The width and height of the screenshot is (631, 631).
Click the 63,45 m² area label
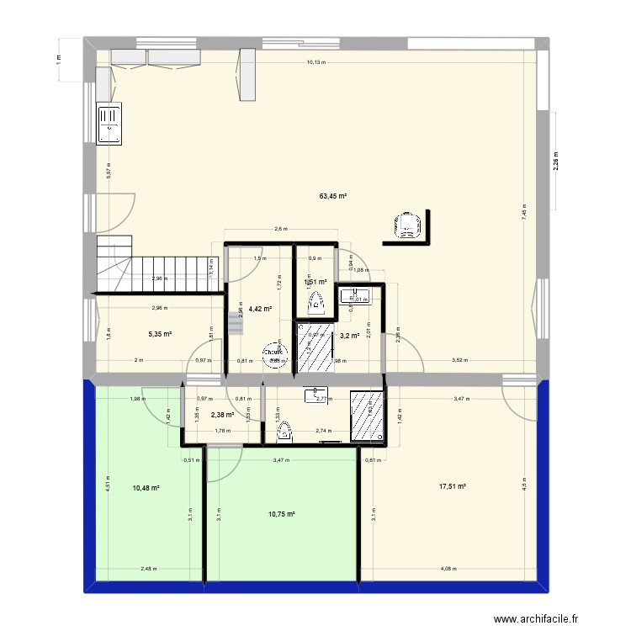333,196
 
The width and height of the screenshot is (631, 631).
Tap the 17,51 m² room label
452,486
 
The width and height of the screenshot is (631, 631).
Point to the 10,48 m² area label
146,487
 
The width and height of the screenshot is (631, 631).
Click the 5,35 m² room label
160,333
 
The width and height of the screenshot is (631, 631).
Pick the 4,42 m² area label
260,309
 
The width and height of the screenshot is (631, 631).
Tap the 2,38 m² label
222,414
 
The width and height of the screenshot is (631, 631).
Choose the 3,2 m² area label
349,336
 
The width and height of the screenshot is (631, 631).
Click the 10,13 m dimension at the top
316,61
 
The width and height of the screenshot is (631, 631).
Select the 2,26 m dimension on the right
555,161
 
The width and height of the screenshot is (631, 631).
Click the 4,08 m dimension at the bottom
448,569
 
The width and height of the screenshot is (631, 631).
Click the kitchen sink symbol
109,125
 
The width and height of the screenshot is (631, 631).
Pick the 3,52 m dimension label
459,360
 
